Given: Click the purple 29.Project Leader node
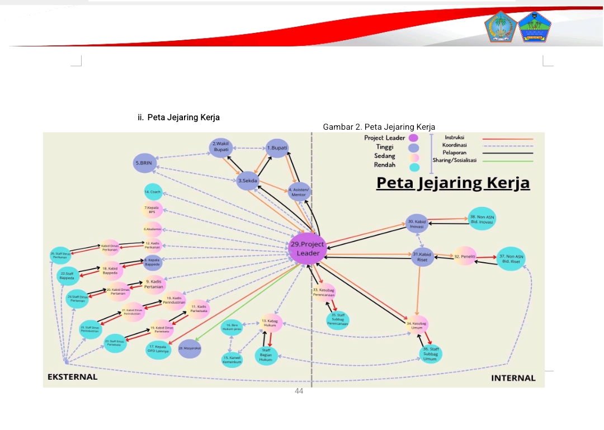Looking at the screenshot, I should pyautogui.click(x=308, y=249).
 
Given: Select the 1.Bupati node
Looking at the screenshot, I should pyautogui.click(x=277, y=148).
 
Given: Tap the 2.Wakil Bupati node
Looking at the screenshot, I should pyautogui.click(x=221, y=148).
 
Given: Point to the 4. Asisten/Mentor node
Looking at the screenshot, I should pyautogui.click(x=299, y=192).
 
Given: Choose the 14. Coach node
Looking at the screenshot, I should pyautogui.click(x=153, y=192).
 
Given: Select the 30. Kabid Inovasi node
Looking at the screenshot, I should pyautogui.click(x=417, y=224).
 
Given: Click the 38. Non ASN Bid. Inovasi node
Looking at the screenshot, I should pyautogui.click(x=482, y=219).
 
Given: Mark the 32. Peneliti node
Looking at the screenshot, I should pyautogui.click(x=464, y=256).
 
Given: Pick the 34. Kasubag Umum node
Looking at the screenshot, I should pyautogui.click(x=417, y=325).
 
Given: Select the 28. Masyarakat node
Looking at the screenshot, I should pyautogui.click(x=190, y=348).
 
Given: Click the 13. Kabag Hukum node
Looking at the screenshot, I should pyautogui.click(x=272, y=323).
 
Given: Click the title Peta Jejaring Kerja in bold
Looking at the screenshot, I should pyautogui.click(x=452, y=183).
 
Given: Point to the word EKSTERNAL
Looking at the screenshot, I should pyautogui.click(x=72, y=377).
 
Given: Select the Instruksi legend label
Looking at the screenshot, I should pyautogui.click(x=454, y=138).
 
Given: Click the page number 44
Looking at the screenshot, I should pyautogui.click(x=299, y=391).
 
